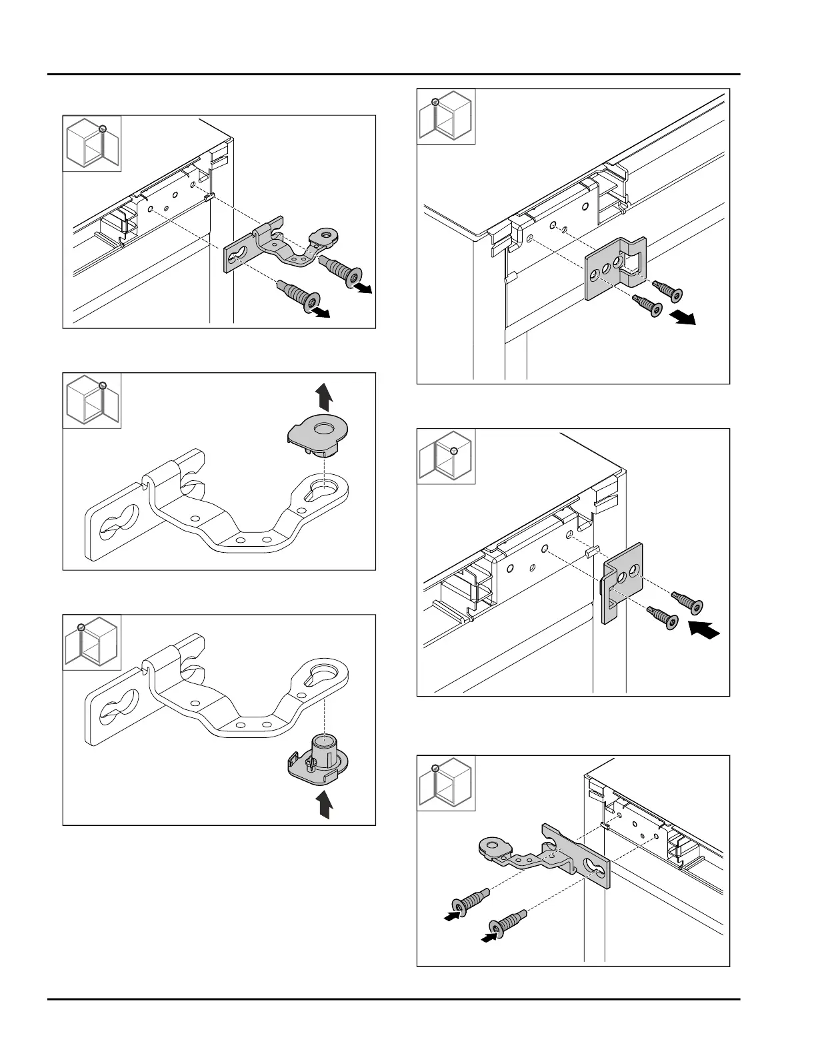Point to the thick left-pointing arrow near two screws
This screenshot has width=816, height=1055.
(704, 630)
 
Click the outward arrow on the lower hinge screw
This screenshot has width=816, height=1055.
(321, 313)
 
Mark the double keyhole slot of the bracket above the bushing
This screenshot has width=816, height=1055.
(115, 715)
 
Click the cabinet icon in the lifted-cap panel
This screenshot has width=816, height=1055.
(92, 400)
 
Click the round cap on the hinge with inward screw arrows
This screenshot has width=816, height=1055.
(493, 847)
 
